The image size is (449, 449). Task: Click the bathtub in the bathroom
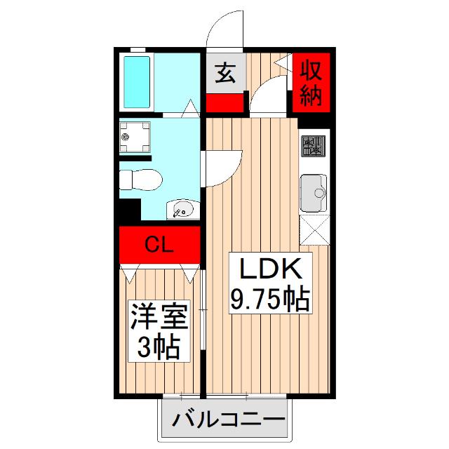point(138,81)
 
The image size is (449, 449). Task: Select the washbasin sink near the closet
point(182,208)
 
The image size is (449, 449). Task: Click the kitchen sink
point(313,192)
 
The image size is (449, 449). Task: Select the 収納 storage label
point(310,83)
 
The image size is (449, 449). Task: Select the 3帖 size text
point(159,347)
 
